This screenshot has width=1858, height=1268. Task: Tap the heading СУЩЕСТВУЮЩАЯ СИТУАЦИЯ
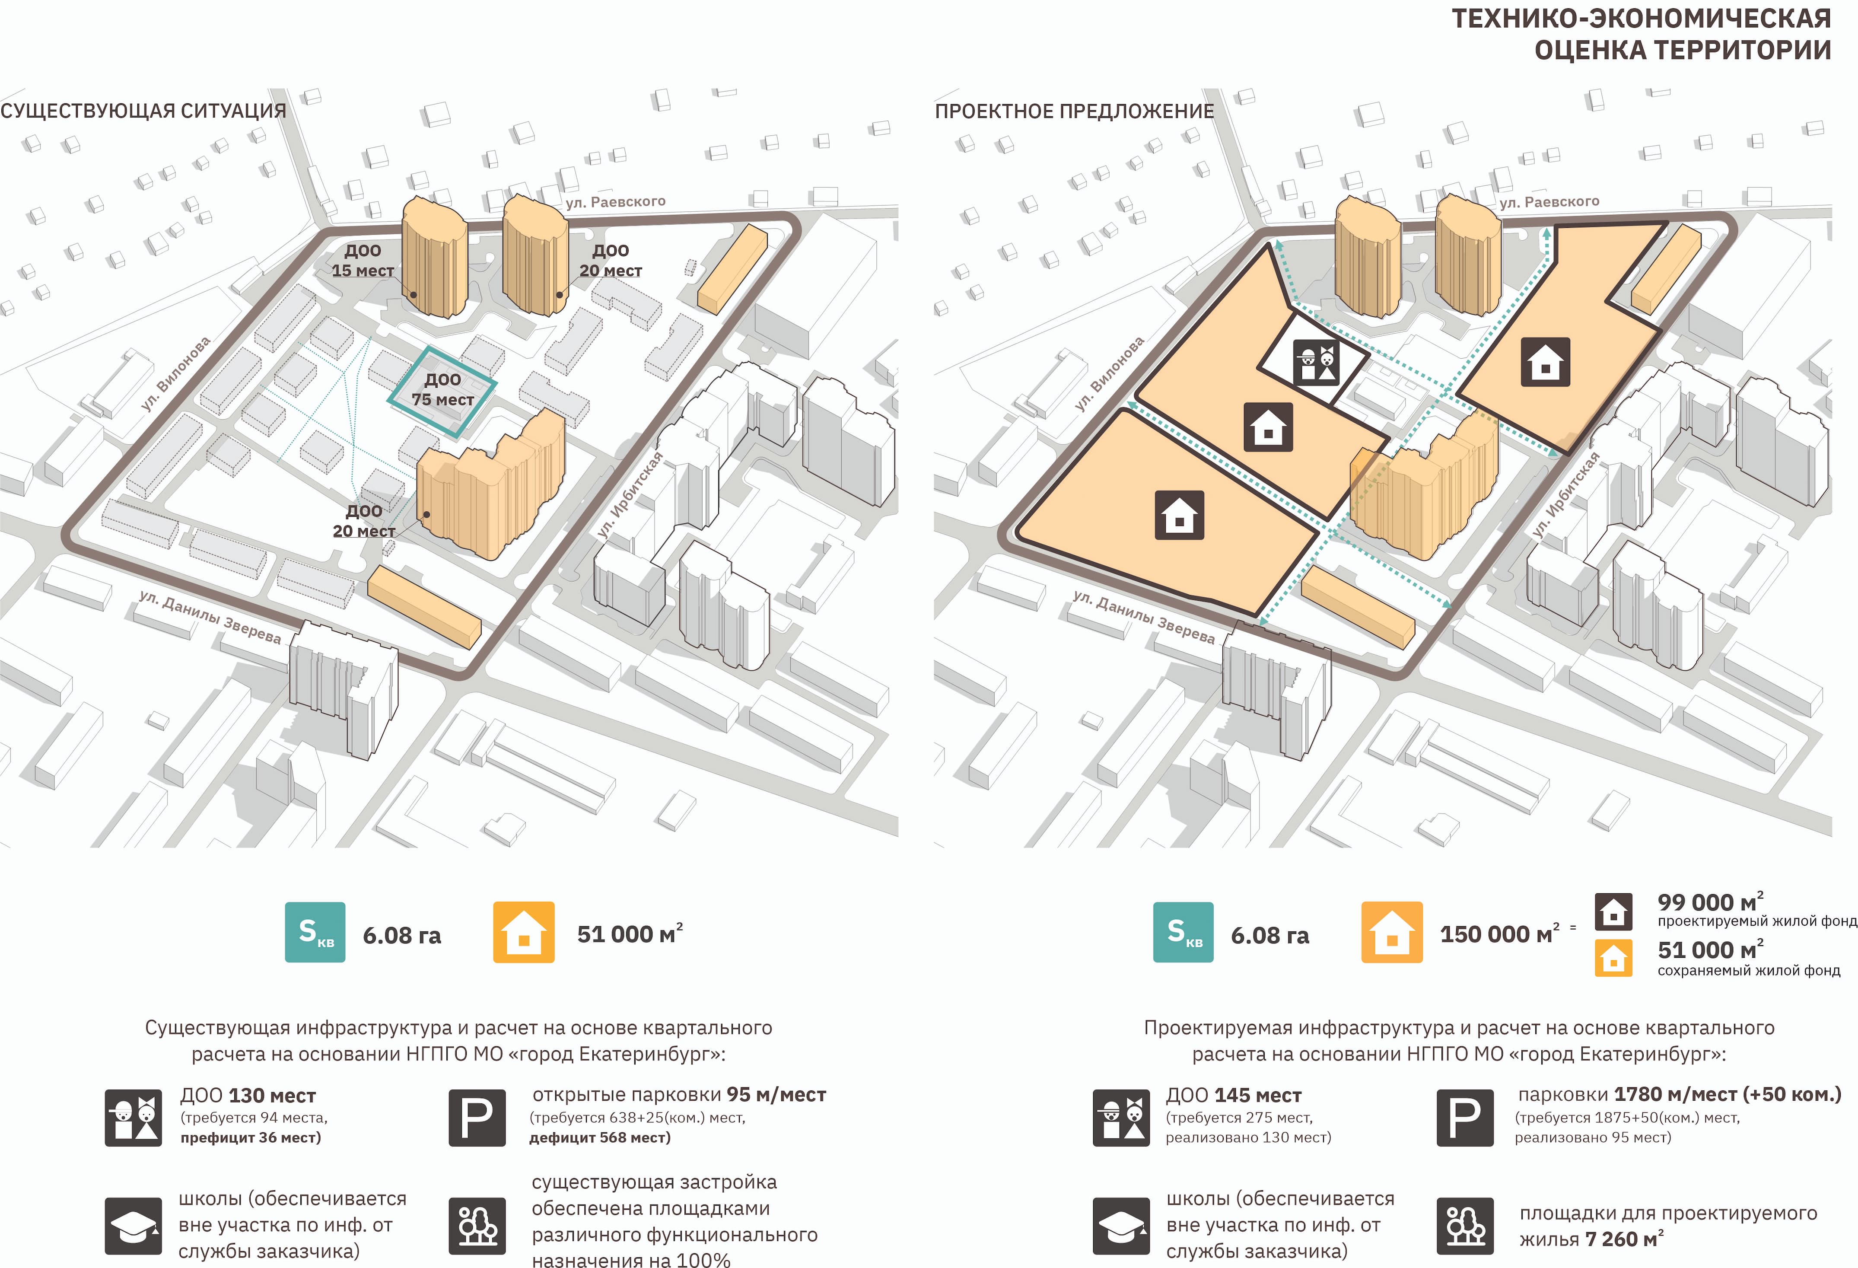click(x=143, y=111)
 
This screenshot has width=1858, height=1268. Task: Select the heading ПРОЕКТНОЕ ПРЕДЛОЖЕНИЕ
click(x=1074, y=111)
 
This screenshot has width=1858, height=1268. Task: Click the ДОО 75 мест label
click(x=443, y=389)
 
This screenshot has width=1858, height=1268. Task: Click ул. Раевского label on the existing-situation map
click(x=616, y=201)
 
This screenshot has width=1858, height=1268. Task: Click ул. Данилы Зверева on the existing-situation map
click(x=210, y=617)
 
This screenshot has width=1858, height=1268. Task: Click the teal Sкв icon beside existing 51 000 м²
click(x=315, y=932)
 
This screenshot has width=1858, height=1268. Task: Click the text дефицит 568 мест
click(x=600, y=1137)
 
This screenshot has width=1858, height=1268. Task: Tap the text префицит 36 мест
click(x=250, y=1137)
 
